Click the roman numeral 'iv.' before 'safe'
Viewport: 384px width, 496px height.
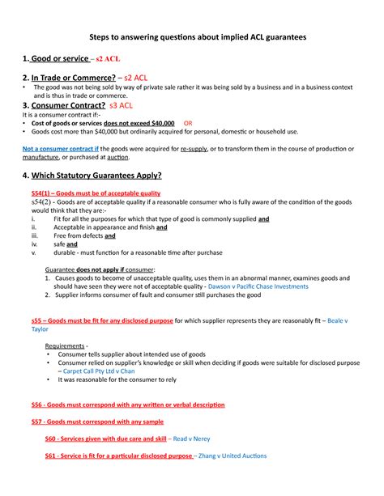pyautogui.click(x=34, y=243)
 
